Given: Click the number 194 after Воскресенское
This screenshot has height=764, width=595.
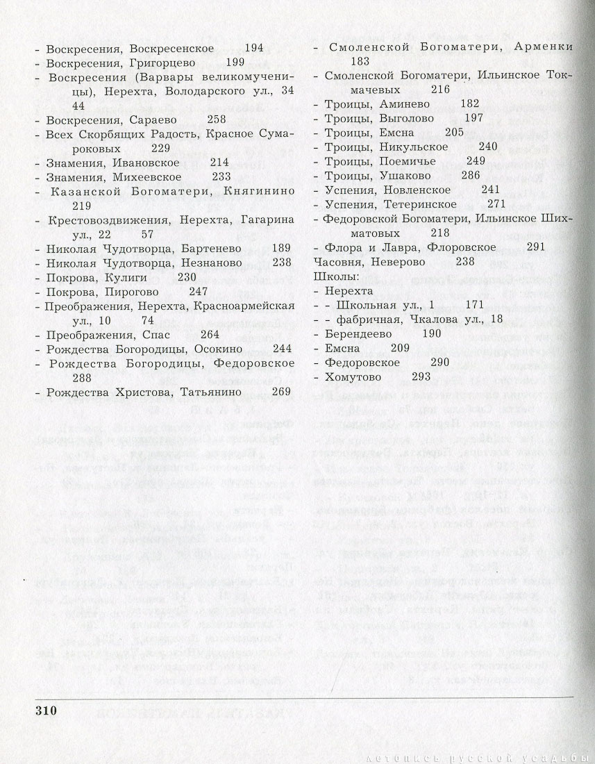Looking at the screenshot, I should click(x=255, y=49).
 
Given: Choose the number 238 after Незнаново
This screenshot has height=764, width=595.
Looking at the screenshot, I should click(x=282, y=263).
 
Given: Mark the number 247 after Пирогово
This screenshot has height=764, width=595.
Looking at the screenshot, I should click(x=199, y=291).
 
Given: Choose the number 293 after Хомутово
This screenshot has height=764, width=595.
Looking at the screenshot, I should click(x=422, y=376).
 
